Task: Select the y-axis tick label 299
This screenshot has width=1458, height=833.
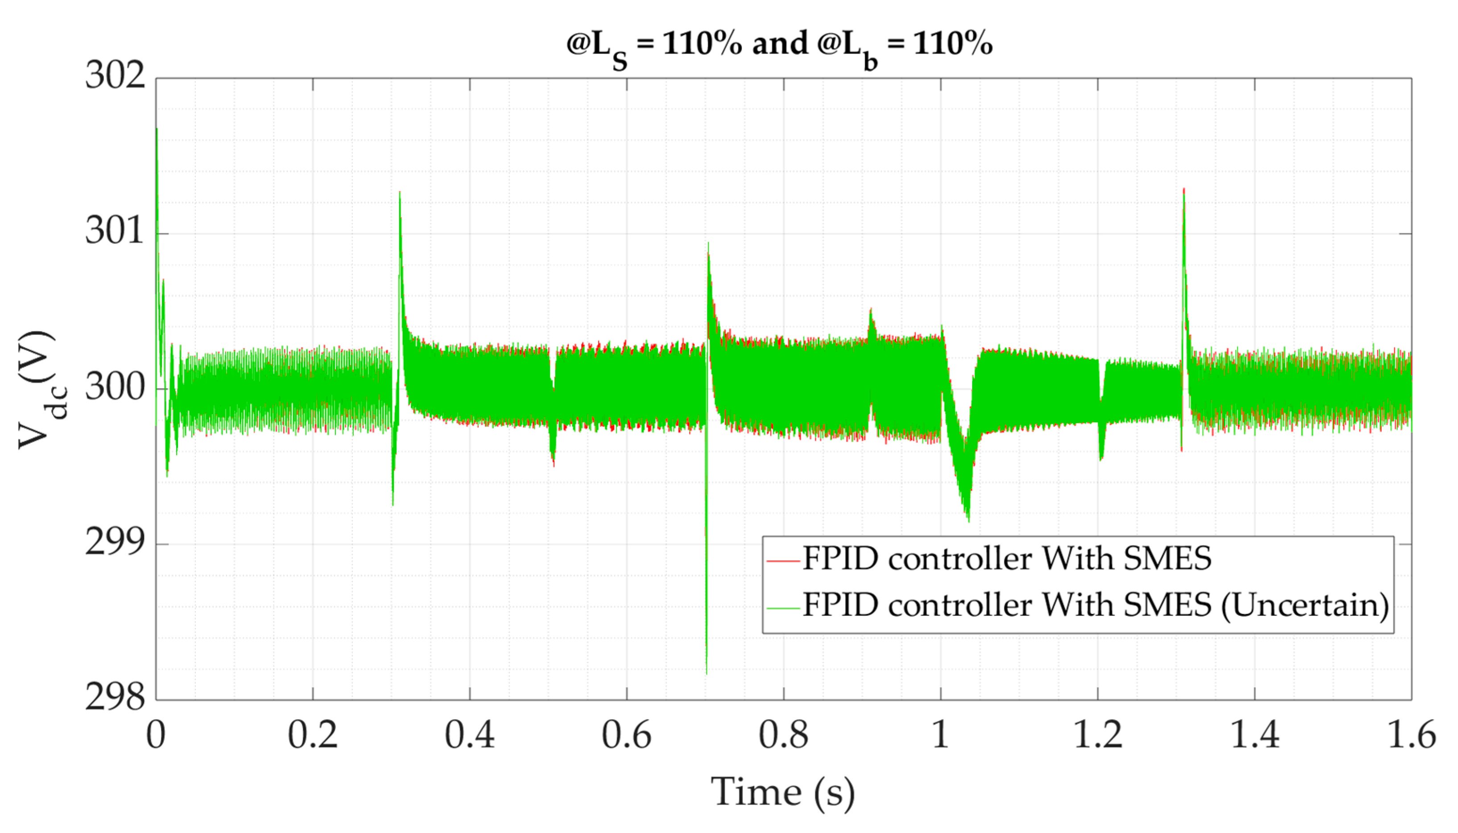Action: tap(115, 542)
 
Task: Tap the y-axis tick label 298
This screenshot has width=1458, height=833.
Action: tap(115, 697)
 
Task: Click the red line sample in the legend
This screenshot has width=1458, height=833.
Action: tap(783, 561)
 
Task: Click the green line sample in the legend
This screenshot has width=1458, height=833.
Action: tap(783, 608)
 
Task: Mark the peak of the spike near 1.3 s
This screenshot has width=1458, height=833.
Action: tap(1183, 189)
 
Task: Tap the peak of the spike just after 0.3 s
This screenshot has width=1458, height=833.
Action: tap(400, 192)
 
